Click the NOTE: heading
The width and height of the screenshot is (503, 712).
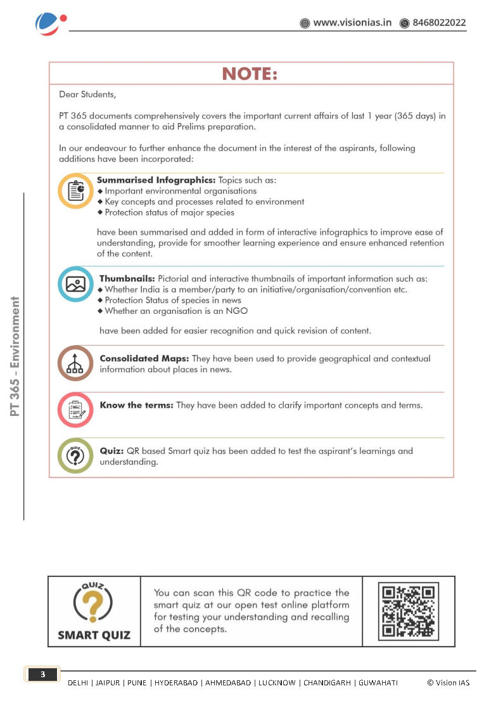pyautogui.click(x=250, y=74)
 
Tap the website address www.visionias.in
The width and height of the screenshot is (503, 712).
pyautogui.click(x=352, y=23)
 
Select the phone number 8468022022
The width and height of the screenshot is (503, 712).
pyautogui.click(x=439, y=23)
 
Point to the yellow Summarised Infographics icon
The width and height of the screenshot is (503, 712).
pyautogui.click(x=76, y=190)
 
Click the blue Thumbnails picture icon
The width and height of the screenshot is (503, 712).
pyautogui.click(x=76, y=284)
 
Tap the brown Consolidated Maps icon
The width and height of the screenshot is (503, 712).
pyautogui.click(x=76, y=363)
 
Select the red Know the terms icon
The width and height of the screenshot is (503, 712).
pyautogui.click(x=76, y=410)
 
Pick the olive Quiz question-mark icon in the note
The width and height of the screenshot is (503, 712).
pyautogui.click(x=76, y=455)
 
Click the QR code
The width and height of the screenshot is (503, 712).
pyautogui.click(x=409, y=611)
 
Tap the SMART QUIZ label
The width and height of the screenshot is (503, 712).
pyautogui.click(x=94, y=635)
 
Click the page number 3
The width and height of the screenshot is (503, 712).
pyautogui.click(x=43, y=675)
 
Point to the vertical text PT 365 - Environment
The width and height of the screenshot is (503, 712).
pyautogui.click(x=15, y=356)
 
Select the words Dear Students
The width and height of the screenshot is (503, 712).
pyautogui.click(x=87, y=94)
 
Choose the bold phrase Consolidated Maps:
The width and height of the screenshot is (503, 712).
pyautogui.click(x=144, y=358)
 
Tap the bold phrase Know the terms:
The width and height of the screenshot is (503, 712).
pyautogui.click(x=136, y=405)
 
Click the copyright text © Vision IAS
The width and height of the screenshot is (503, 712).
pyautogui.click(x=448, y=682)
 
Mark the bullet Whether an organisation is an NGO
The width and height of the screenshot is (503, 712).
pyautogui.click(x=175, y=311)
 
